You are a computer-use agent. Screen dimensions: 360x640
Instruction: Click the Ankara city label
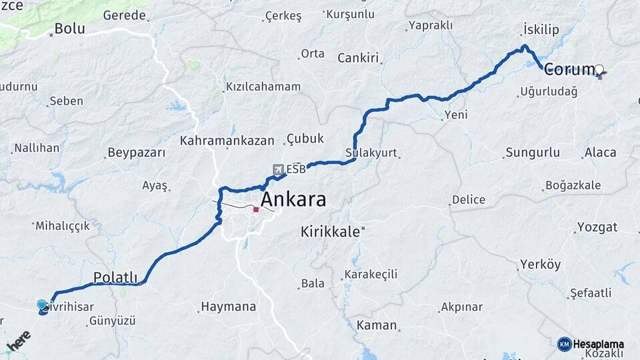pyautogui.click(x=293, y=199)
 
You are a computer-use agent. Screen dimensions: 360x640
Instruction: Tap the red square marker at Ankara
pyautogui.click(x=256, y=209)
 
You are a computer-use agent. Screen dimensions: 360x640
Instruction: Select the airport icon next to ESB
pyautogui.click(x=278, y=169)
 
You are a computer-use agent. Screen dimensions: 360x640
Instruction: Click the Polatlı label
pyautogui.click(x=115, y=277)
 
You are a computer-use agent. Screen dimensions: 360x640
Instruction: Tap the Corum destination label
pyautogui.click(x=569, y=69)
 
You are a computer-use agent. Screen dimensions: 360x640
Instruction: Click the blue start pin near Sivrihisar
pyautogui.click(x=43, y=305)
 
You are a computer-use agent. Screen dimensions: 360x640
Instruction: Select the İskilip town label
pyautogui.click(x=541, y=30)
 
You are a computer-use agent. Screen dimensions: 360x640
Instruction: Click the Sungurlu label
pyautogui.click(x=533, y=153)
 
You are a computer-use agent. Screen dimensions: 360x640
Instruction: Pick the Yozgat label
pyautogui.click(x=597, y=227)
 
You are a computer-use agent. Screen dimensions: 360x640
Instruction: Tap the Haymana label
pyautogui.click(x=229, y=307)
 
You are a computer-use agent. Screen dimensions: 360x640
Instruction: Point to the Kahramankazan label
pyautogui.click(x=227, y=141)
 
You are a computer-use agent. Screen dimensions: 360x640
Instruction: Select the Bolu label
pyautogui.click(x=69, y=29)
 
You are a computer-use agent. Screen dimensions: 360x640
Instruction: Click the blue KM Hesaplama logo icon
pyautogui.click(x=565, y=344)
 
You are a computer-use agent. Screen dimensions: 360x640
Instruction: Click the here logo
pyautogui.click(x=18, y=341)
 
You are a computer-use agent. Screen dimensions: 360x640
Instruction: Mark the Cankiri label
pyautogui.click(x=358, y=58)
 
